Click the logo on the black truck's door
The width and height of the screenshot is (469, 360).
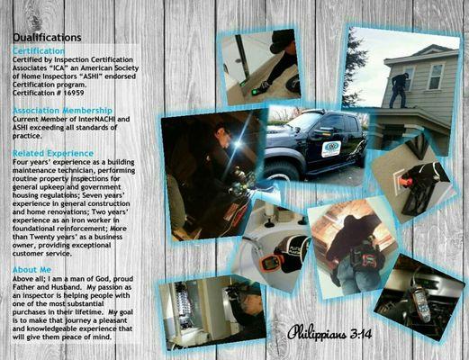pyautogui.click(x=331, y=149)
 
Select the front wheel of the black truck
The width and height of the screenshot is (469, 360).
pyautogui.click(x=287, y=168)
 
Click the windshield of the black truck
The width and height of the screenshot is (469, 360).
pyautogui.click(x=299, y=122)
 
